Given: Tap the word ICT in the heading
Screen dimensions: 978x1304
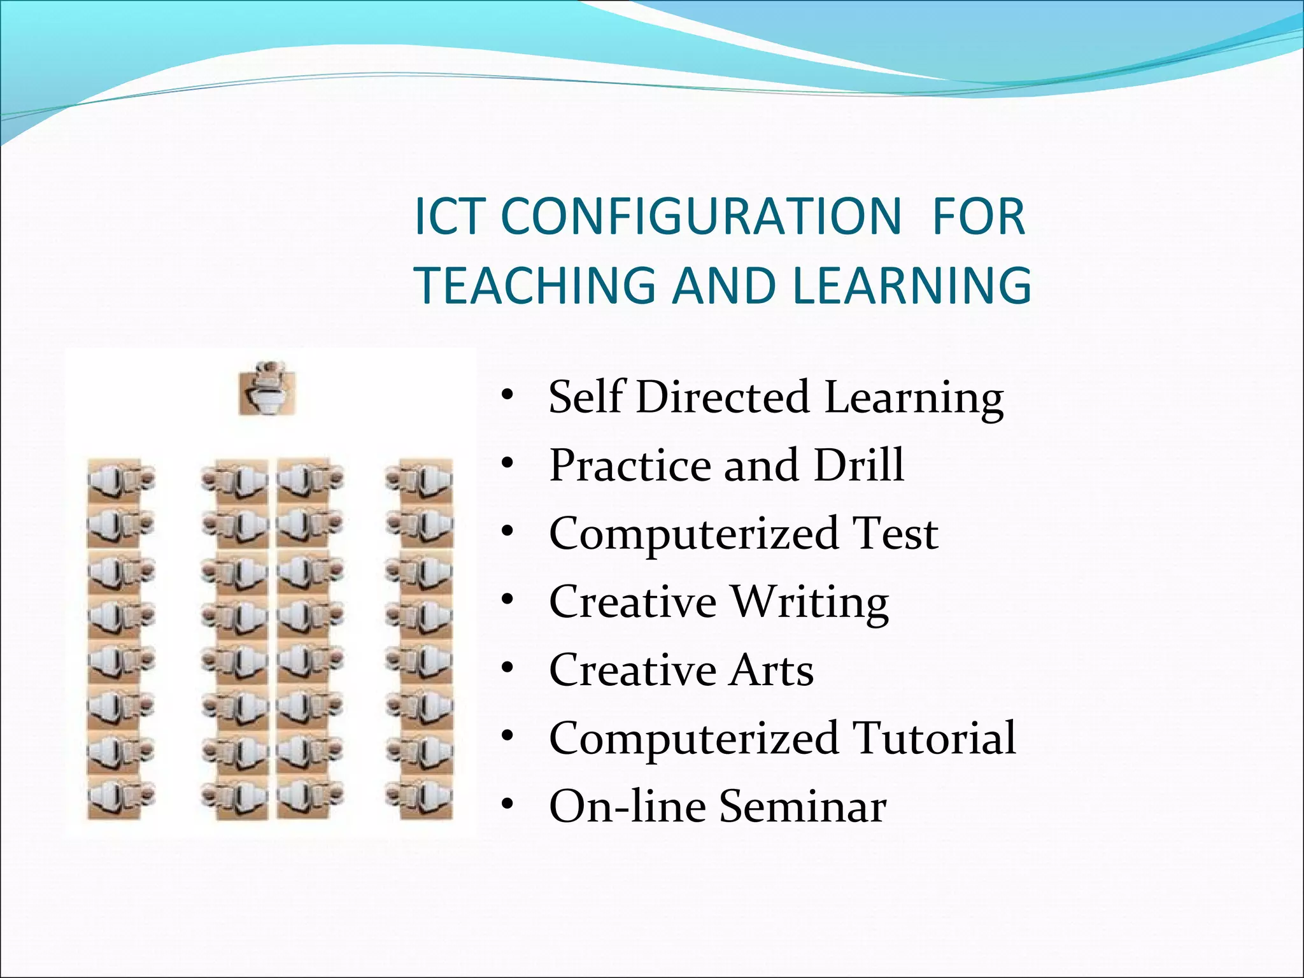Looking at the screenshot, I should (x=453, y=216).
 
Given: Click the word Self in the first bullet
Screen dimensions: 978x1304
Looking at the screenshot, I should (x=586, y=397).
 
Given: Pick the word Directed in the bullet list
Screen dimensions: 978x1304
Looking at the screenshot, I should (x=723, y=397).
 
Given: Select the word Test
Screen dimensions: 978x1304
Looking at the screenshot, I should (x=895, y=533).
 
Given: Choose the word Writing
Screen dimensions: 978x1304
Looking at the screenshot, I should (x=809, y=602).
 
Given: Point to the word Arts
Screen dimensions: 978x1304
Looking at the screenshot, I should (x=771, y=670).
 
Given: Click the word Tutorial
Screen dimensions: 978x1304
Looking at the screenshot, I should (x=934, y=738).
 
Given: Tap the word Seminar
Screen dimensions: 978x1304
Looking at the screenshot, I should (x=803, y=806).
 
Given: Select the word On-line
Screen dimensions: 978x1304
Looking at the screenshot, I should (x=628, y=806).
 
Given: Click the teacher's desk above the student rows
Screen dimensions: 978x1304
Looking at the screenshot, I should (x=267, y=389).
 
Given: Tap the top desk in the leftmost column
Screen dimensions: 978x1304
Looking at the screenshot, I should (x=120, y=479).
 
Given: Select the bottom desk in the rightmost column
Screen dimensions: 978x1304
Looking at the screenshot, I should (x=420, y=797).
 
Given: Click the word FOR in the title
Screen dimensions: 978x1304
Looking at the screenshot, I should (x=979, y=216).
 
